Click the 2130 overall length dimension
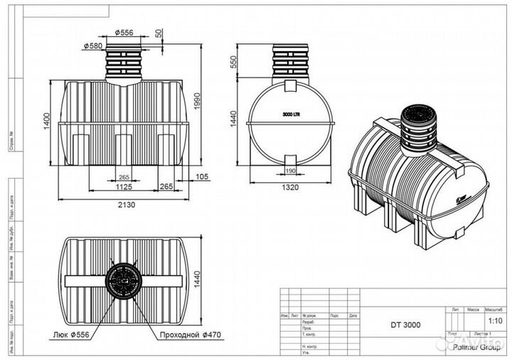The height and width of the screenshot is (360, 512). click(x=126, y=204)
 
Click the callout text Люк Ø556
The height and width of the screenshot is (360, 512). click(x=72, y=334)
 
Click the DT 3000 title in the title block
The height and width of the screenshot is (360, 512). click(x=405, y=324)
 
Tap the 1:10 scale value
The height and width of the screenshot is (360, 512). click(x=492, y=320)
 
